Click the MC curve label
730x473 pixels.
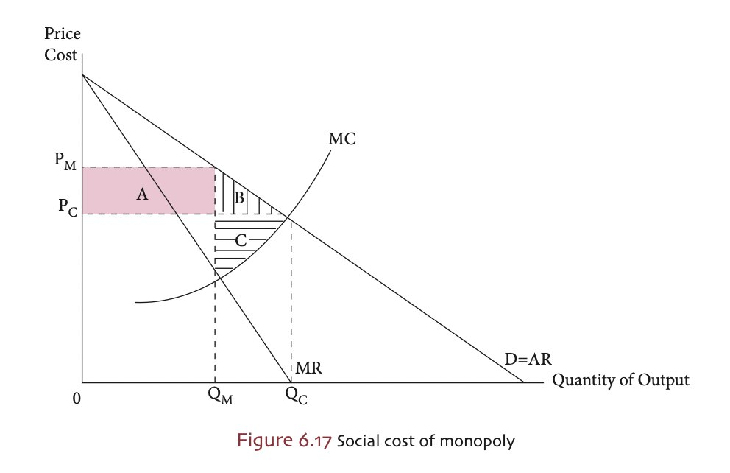click(x=342, y=138)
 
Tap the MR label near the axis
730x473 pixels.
click(x=309, y=368)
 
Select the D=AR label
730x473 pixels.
click(x=528, y=360)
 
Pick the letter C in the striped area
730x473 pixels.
click(x=240, y=239)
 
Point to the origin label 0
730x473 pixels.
click(x=76, y=399)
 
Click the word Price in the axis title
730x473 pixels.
click(x=63, y=34)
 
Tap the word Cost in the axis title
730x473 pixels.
click(x=60, y=55)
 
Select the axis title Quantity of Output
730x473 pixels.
click(x=620, y=380)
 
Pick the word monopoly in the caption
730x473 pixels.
click(x=486, y=442)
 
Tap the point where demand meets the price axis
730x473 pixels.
click(x=82, y=74)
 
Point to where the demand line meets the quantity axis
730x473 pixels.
click(x=524, y=382)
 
